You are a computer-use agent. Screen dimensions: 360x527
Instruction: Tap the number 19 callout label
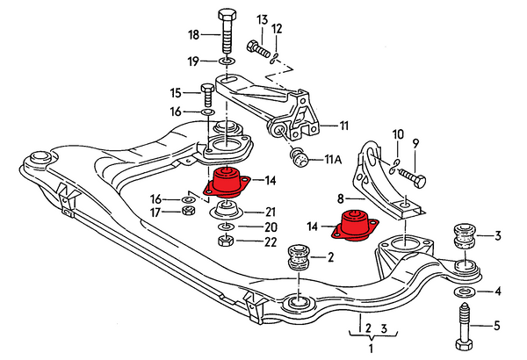pyautogui.click(x=193, y=61)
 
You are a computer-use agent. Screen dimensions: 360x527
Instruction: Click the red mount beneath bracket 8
pyautogui.click(x=355, y=226)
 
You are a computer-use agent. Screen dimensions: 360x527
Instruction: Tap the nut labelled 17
pyautogui.click(x=186, y=211)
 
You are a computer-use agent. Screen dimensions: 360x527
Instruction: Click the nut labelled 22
pyautogui.click(x=225, y=242)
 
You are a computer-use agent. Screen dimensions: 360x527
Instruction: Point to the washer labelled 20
pyautogui.click(x=225, y=227)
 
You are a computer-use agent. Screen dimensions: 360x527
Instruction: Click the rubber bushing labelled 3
pyautogui.click(x=463, y=238)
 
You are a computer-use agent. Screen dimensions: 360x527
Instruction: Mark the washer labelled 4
pyautogui.click(x=463, y=291)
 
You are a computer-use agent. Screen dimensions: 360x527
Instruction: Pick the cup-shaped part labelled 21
pyautogui.click(x=226, y=212)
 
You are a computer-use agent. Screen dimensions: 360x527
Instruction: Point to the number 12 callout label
pyautogui.click(x=278, y=29)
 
